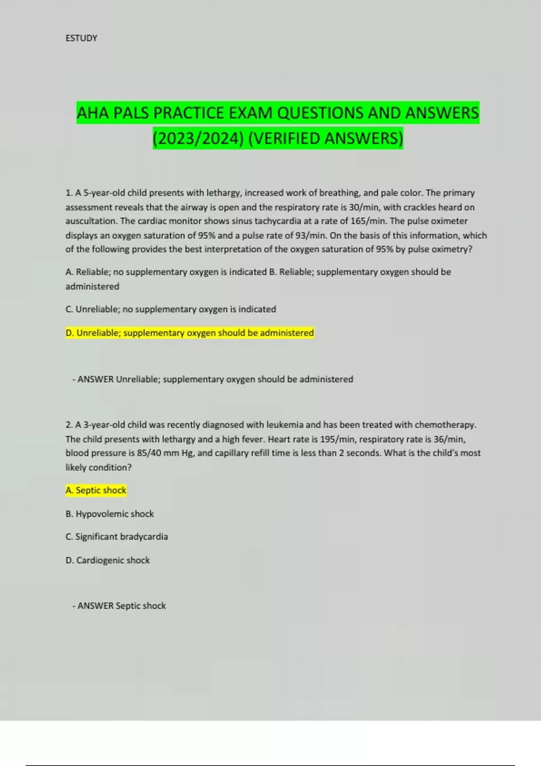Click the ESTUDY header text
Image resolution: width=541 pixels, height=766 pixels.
click(x=81, y=38)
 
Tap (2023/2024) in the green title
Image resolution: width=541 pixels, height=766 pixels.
click(x=198, y=138)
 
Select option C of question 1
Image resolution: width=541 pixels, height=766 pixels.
click(x=170, y=310)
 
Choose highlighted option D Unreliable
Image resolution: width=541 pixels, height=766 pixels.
click(x=189, y=333)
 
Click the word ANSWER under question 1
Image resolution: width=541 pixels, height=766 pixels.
click(x=96, y=379)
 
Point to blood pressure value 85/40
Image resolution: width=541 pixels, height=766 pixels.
click(x=149, y=453)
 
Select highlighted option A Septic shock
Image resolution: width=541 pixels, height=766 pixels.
click(x=96, y=490)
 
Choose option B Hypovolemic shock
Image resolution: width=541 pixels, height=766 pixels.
click(x=110, y=514)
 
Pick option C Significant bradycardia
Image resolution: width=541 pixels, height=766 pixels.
click(x=116, y=537)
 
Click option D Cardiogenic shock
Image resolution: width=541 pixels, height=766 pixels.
click(x=107, y=560)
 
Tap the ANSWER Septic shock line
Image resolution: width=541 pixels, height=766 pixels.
click(x=119, y=606)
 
